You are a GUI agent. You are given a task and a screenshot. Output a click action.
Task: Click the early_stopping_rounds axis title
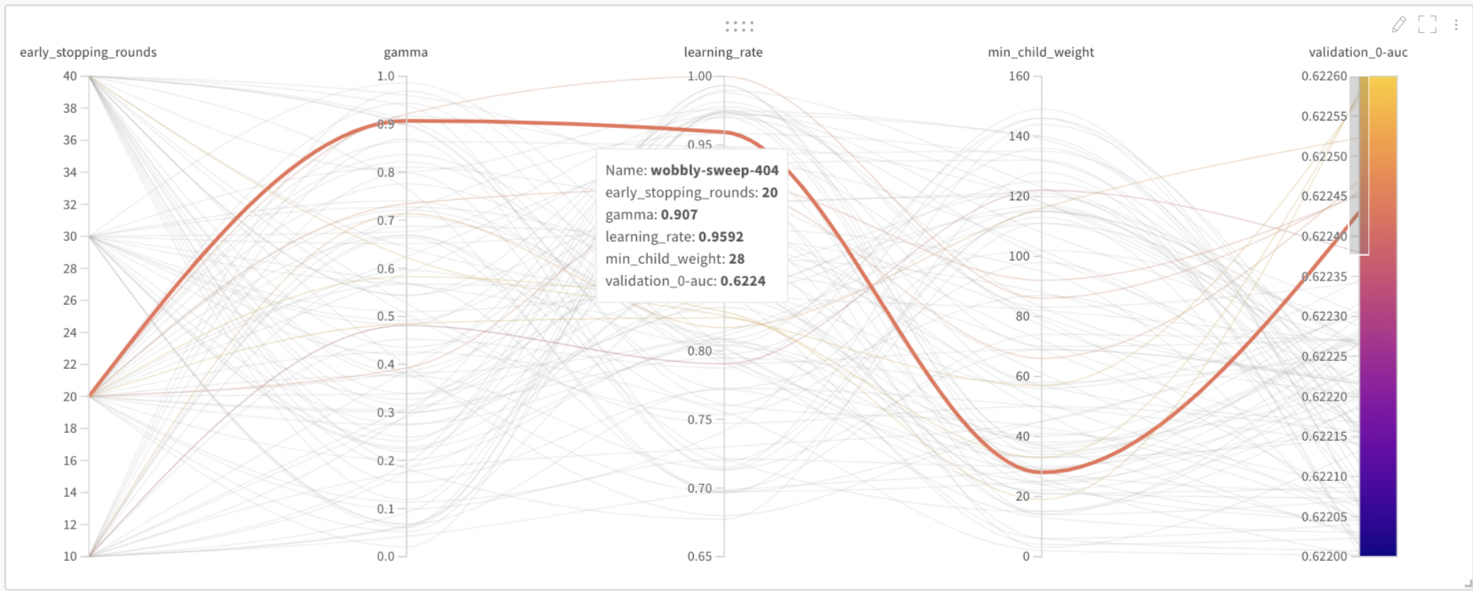point(88,52)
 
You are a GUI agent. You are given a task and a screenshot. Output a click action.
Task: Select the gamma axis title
point(405,52)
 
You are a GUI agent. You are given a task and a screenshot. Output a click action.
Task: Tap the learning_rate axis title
point(723,52)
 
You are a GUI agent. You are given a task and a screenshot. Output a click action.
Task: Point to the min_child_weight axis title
point(1041,52)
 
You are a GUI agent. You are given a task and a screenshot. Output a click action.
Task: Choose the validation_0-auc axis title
point(1358,52)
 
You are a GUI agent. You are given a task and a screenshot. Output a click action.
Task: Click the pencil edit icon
point(1399,24)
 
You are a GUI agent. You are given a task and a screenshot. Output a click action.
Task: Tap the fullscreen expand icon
point(1427,24)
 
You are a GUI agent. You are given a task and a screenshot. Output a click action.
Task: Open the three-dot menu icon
point(1456,24)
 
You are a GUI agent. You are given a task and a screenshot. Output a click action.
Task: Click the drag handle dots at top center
point(740,26)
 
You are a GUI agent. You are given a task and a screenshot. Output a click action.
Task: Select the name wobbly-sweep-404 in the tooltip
point(714,170)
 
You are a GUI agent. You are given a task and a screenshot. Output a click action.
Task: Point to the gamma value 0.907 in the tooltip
point(679,214)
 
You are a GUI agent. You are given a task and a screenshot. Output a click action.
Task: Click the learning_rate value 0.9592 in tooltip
point(721,236)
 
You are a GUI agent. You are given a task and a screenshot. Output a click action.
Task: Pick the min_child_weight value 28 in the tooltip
point(736,258)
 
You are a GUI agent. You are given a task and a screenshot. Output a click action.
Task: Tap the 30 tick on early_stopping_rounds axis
point(70,236)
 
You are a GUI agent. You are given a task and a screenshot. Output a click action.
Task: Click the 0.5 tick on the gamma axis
point(385,316)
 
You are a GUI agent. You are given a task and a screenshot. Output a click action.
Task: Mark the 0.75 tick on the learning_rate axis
point(699,420)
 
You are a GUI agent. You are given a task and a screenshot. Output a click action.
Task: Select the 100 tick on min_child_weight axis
point(1019,256)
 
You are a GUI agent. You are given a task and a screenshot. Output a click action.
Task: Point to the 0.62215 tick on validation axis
point(1324,436)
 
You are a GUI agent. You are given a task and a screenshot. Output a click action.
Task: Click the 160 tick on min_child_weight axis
point(1019,76)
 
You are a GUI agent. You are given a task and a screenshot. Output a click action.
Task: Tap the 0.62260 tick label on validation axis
point(1324,76)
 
